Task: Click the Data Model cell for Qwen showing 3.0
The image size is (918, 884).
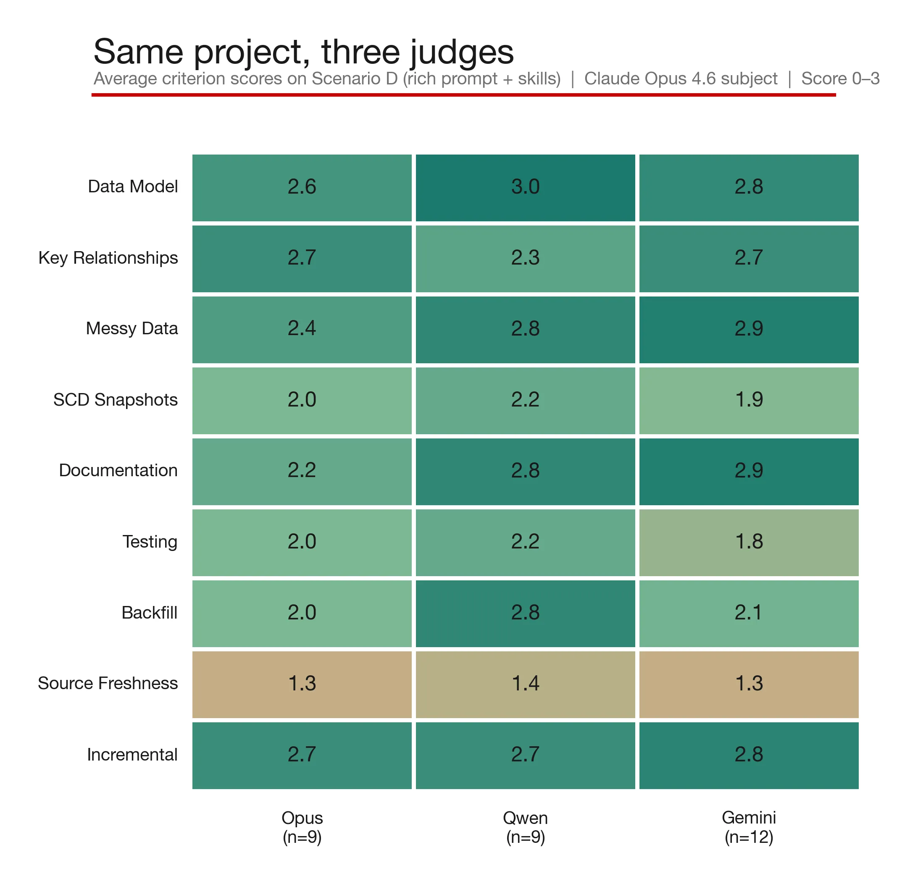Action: click(525, 188)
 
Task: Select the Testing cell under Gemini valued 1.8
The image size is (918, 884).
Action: click(748, 542)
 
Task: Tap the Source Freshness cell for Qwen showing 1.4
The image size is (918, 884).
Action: click(525, 684)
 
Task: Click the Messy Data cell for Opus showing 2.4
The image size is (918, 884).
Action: click(302, 330)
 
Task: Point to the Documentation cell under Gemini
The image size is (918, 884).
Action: click(748, 472)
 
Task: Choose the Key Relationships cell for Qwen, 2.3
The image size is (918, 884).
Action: click(525, 258)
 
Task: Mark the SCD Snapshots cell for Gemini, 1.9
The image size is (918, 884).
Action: click(748, 400)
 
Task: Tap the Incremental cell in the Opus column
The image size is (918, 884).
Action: click(302, 755)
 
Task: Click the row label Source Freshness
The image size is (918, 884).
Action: click(108, 683)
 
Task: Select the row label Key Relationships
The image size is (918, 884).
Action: click(108, 257)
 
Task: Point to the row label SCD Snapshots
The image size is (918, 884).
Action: click(115, 399)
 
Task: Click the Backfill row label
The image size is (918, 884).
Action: click(150, 612)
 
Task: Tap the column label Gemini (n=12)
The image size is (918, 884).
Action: click(748, 827)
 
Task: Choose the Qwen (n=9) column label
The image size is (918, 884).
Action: click(525, 827)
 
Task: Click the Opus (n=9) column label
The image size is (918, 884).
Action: click(302, 827)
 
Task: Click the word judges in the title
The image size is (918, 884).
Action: click(461, 52)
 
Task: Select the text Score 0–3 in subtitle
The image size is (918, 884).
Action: click(840, 79)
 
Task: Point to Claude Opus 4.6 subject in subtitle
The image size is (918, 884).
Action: click(680, 79)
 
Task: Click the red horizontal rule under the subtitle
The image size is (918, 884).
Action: click(463, 95)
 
